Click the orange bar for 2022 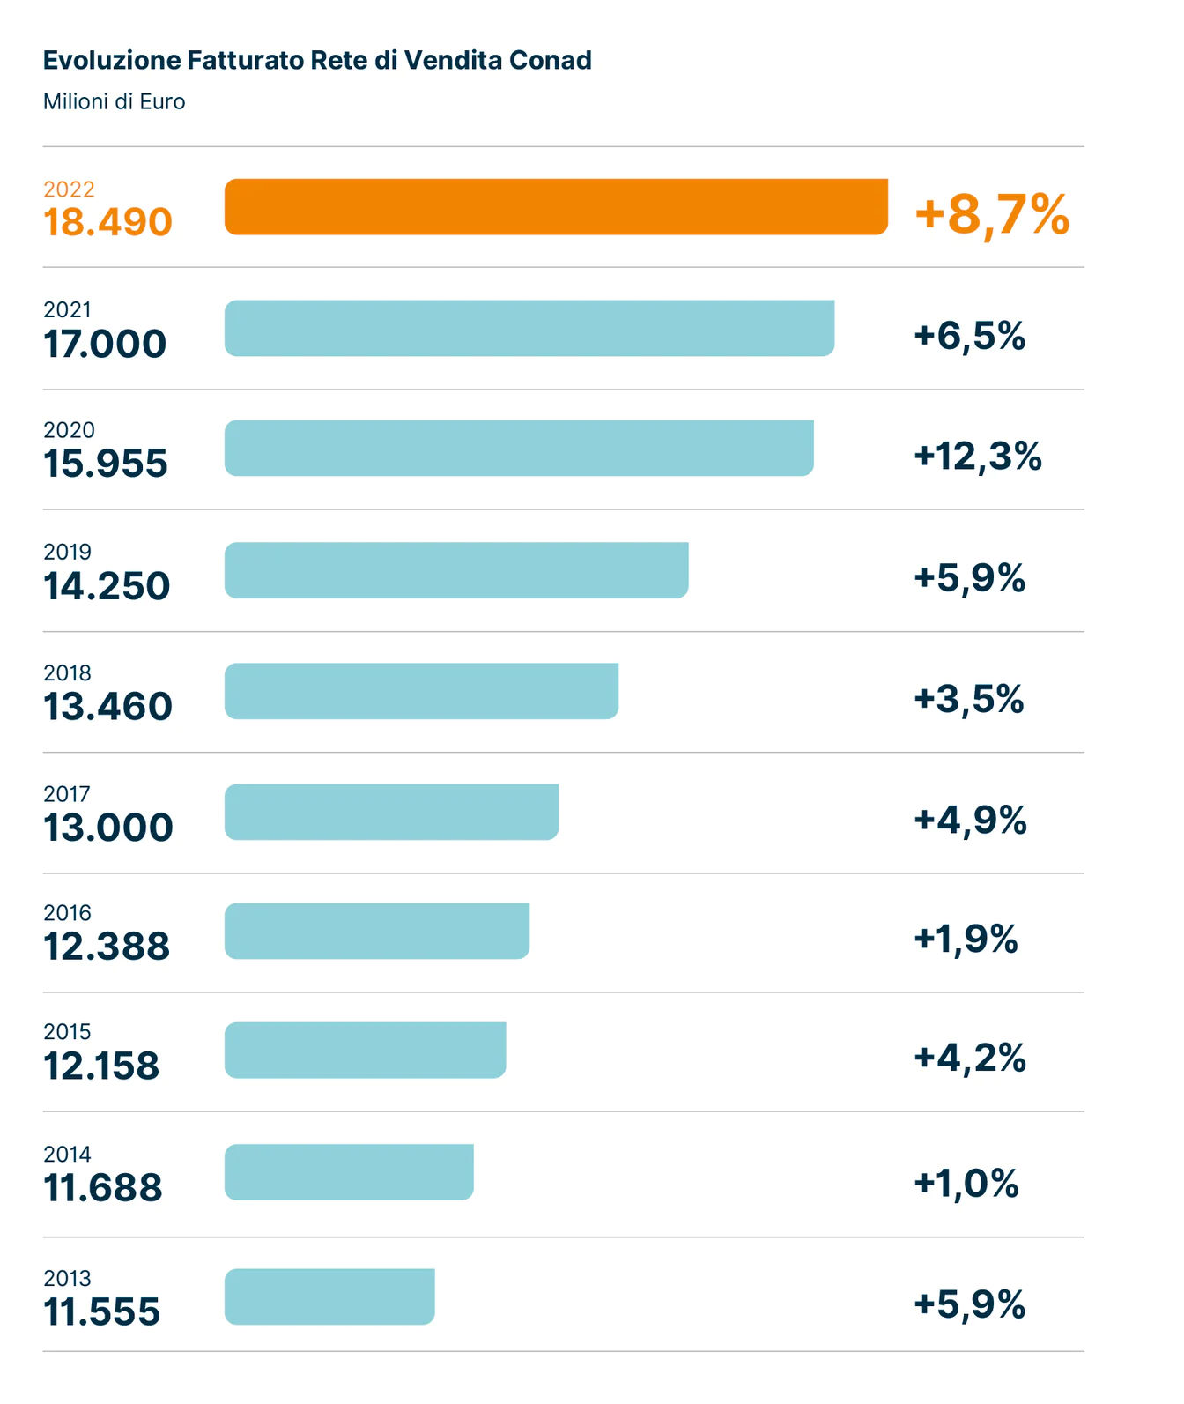click(556, 207)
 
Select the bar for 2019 click(456, 570)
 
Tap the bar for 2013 click(329, 1296)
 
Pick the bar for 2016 click(377, 931)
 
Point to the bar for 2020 click(519, 449)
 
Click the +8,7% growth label click(992, 214)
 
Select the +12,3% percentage click(978, 457)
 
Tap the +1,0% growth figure click(966, 1183)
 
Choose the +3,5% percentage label click(969, 699)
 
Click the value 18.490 click(107, 222)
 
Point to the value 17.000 click(105, 344)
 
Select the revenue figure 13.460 click(107, 707)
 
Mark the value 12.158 click(101, 1066)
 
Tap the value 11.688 click(103, 1188)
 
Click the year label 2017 click(67, 794)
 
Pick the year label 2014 click(67, 1155)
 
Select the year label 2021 click(67, 310)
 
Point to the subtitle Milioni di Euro click(115, 102)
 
